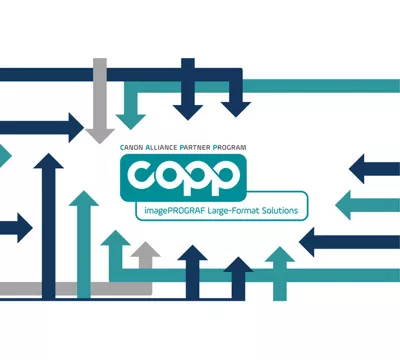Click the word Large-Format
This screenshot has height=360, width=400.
pos(234,209)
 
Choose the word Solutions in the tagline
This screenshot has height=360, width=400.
pos(283,209)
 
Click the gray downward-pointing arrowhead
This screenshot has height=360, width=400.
pos(100,131)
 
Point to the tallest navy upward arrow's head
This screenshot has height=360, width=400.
pos(45,165)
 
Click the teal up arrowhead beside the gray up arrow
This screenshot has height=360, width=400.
pos(116,243)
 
